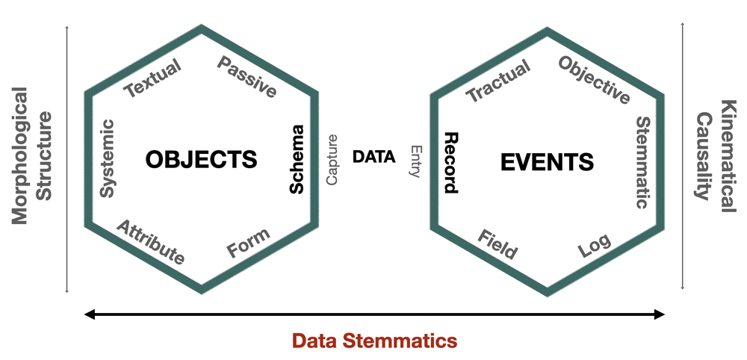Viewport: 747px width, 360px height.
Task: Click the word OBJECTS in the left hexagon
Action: (x=201, y=159)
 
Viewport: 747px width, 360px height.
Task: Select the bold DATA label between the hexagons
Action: (x=374, y=157)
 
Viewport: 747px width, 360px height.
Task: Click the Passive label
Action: (x=247, y=77)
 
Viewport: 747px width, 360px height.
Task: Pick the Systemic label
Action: (x=108, y=158)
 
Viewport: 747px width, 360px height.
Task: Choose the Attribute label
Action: (x=150, y=242)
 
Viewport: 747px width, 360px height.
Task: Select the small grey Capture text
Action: (x=332, y=159)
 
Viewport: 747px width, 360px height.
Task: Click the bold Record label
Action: (x=450, y=162)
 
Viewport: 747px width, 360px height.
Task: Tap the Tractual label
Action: (x=498, y=81)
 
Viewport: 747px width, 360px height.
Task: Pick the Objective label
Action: (x=595, y=80)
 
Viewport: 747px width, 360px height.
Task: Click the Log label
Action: (x=595, y=246)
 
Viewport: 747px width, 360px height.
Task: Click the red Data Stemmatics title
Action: (x=373, y=341)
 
